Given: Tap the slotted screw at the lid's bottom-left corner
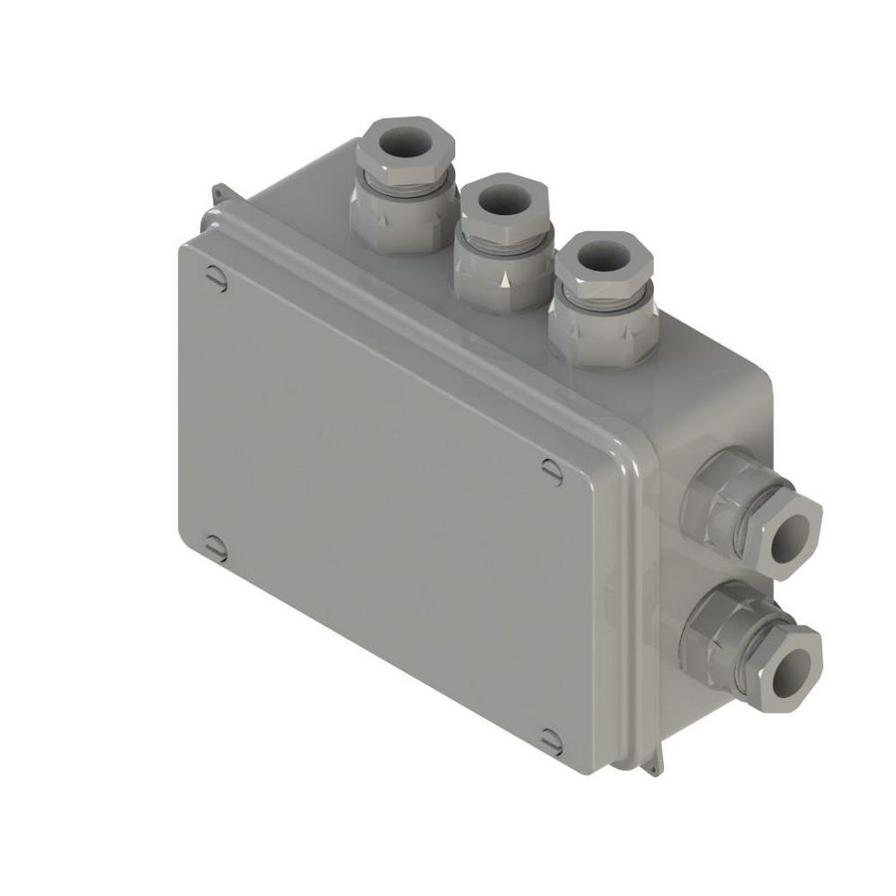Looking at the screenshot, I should pyautogui.click(x=215, y=546).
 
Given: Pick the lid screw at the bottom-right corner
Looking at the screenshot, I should pyautogui.click(x=551, y=740).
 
